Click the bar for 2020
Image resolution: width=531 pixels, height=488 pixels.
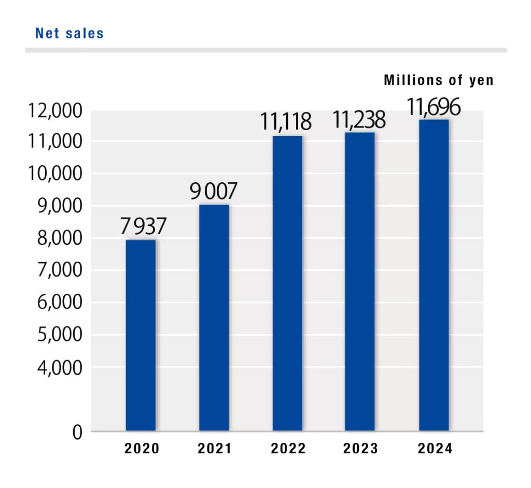click(141, 335)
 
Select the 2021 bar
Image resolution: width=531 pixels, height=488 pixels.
click(214, 317)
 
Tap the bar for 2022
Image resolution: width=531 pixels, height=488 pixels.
click(287, 283)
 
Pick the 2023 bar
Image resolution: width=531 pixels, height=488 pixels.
click(360, 281)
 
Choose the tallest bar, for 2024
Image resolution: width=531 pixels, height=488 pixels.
click(434, 275)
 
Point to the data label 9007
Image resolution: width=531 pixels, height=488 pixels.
click(213, 192)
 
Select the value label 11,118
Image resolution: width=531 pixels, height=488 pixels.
click(286, 123)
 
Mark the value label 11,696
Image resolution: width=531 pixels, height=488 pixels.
click(433, 108)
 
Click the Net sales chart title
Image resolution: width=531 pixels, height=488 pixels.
click(69, 34)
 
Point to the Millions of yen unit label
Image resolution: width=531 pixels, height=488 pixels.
click(439, 81)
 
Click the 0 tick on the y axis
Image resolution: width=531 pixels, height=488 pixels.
click(77, 432)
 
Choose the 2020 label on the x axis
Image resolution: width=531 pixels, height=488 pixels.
click(142, 449)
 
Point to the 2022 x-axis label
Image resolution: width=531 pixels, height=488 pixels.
click(288, 449)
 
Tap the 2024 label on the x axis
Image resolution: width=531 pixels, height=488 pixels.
click(435, 449)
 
